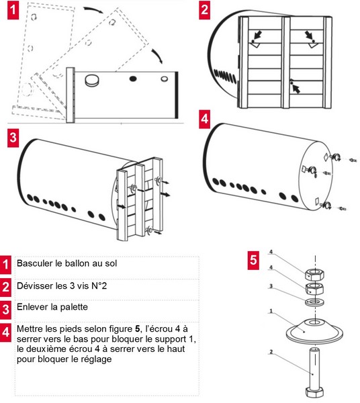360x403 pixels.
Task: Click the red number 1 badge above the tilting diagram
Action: click(x=13, y=11)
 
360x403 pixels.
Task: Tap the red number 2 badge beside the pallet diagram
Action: click(x=205, y=10)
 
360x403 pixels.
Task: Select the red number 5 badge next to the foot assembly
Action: click(x=253, y=260)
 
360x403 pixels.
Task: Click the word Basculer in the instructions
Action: click(x=35, y=263)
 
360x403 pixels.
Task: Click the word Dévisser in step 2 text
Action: click(x=34, y=285)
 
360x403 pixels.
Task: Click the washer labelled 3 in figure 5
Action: click(x=314, y=302)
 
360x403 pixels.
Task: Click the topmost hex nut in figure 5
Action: click(x=314, y=275)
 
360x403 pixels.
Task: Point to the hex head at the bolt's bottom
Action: click(x=315, y=392)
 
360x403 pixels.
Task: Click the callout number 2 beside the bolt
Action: click(x=271, y=352)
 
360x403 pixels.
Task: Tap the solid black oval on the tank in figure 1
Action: click(x=133, y=79)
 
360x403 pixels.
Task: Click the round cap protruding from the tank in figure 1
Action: click(x=91, y=80)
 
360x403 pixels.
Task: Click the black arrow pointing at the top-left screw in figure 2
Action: click(x=258, y=35)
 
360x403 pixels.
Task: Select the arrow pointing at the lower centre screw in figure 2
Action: click(x=296, y=89)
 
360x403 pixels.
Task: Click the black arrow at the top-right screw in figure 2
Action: click(x=308, y=35)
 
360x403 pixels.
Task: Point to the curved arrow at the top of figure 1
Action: click(x=93, y=10)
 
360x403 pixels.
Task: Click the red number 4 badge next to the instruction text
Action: click(x=5, y=332)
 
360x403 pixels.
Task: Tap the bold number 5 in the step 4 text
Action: click(x=138, y=328)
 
